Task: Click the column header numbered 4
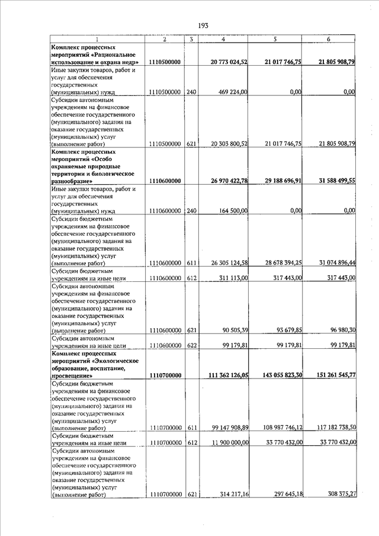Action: tap(223, 39)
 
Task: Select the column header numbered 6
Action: tap(328, 39)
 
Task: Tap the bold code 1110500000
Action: tap(165, 62)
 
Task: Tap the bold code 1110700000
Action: tap(165, 375)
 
